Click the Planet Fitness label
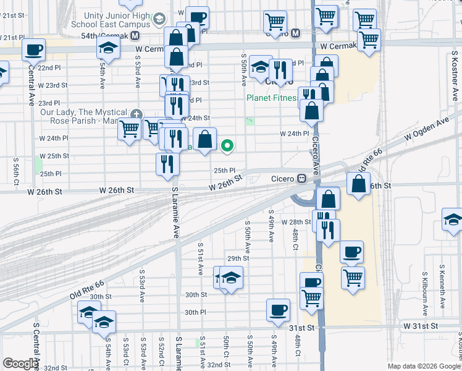tap(272, 98)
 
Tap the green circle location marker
tap(227, 146)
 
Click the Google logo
tap(20, 364)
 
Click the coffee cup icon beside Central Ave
tap(34, 48)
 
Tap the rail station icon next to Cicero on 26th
tap(302, 178)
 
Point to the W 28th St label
tap(295, 221)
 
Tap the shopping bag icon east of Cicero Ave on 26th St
tap(359, 183)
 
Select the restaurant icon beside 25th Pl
tap(167, 163)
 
